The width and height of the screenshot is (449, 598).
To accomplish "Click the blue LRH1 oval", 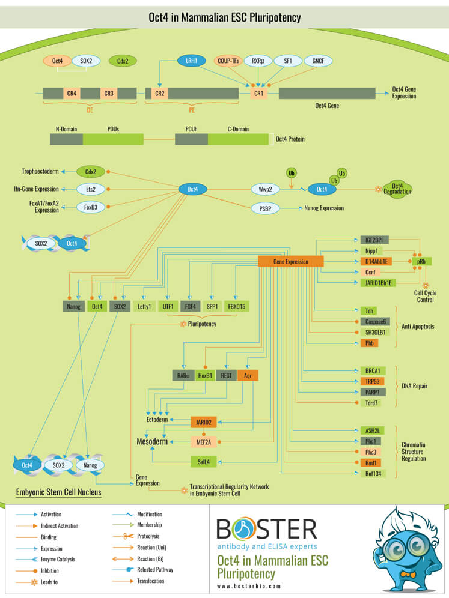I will tap(191, 61).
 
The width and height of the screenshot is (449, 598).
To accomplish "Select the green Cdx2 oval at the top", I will tap(123, 61).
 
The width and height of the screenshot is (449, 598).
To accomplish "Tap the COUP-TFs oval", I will tap(227, 61).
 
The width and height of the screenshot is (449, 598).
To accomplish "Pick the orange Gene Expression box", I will tap(291, 261).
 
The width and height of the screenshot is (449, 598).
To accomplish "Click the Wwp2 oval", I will tap(265, 190).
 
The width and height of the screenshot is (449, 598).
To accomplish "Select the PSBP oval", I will tap(265, 208).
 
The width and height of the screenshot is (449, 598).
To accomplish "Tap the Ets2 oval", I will tap(91, 189).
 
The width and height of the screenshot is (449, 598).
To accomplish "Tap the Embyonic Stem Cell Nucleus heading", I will tap(58, 492).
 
